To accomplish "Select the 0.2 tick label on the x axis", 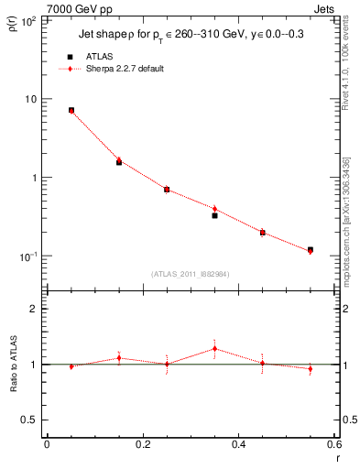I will point(142,445).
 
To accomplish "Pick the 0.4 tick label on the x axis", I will point(238,445).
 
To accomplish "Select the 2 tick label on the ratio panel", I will point(36,310).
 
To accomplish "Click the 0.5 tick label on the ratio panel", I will point(31,420).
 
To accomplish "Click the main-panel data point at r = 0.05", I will point(71,110).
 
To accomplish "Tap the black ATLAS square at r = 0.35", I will point(214,215).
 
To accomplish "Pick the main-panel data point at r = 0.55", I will point(311,249).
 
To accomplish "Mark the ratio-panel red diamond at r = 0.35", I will point(214,348).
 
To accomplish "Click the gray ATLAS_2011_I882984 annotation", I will point(191,274).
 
